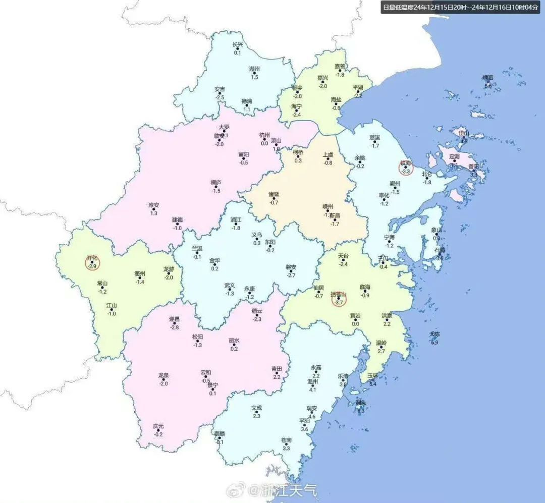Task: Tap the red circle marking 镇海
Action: point(406,167)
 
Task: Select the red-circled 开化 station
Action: point(92,262)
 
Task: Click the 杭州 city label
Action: point(264,135)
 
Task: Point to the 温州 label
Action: point(312,382)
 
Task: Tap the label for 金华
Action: point(214,260)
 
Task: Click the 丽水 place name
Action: point(234,341)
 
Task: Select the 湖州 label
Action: point(254,69)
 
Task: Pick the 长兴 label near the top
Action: point(237,44)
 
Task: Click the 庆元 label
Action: point(158,426)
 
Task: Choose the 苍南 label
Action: point(286,440)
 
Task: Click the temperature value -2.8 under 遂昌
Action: point(175,327)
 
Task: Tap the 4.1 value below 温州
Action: point(312,389)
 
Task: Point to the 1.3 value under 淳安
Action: point(154,213)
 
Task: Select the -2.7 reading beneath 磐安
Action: point(291,275)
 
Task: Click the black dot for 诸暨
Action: point(274,199)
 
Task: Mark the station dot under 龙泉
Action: point(163,379)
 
